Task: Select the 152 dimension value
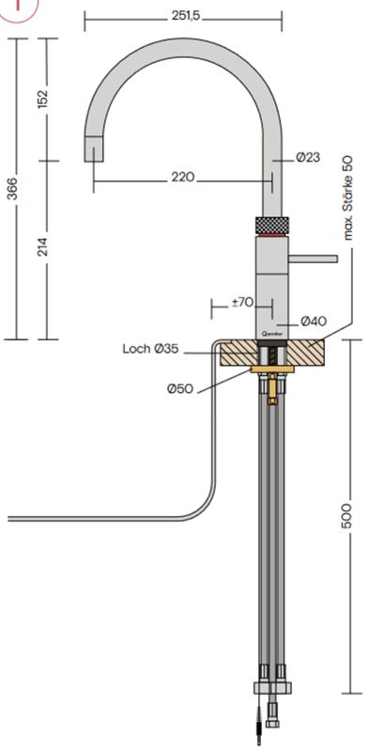click(42, 99)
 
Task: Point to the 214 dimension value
click(42, 246)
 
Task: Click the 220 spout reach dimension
click(183, 178)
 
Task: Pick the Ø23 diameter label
click(308, 157)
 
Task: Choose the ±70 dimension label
click(242, 303)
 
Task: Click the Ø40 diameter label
click(314, 321)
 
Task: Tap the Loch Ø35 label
click(150, 349)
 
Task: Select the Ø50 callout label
click(180, 388)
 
